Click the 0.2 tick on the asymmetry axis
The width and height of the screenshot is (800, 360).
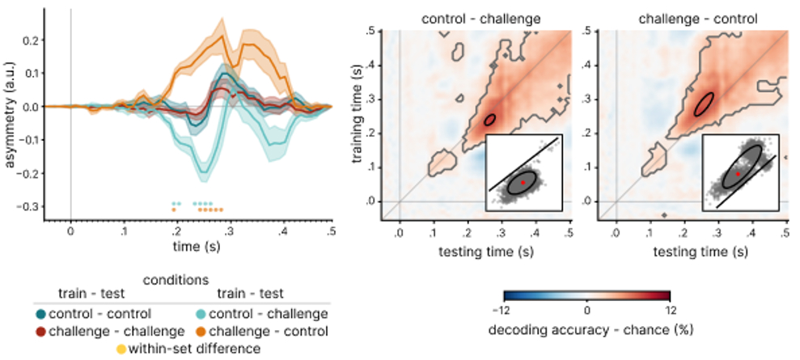coord(30,39)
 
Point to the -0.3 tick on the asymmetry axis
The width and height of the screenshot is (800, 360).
coord(28,207)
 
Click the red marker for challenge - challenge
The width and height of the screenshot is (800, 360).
coord(41,331)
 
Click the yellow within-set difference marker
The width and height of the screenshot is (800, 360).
coord(121,349)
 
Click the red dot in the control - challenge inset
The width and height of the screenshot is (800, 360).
coord(523,183)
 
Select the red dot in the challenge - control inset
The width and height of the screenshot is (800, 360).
coord(738,174)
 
